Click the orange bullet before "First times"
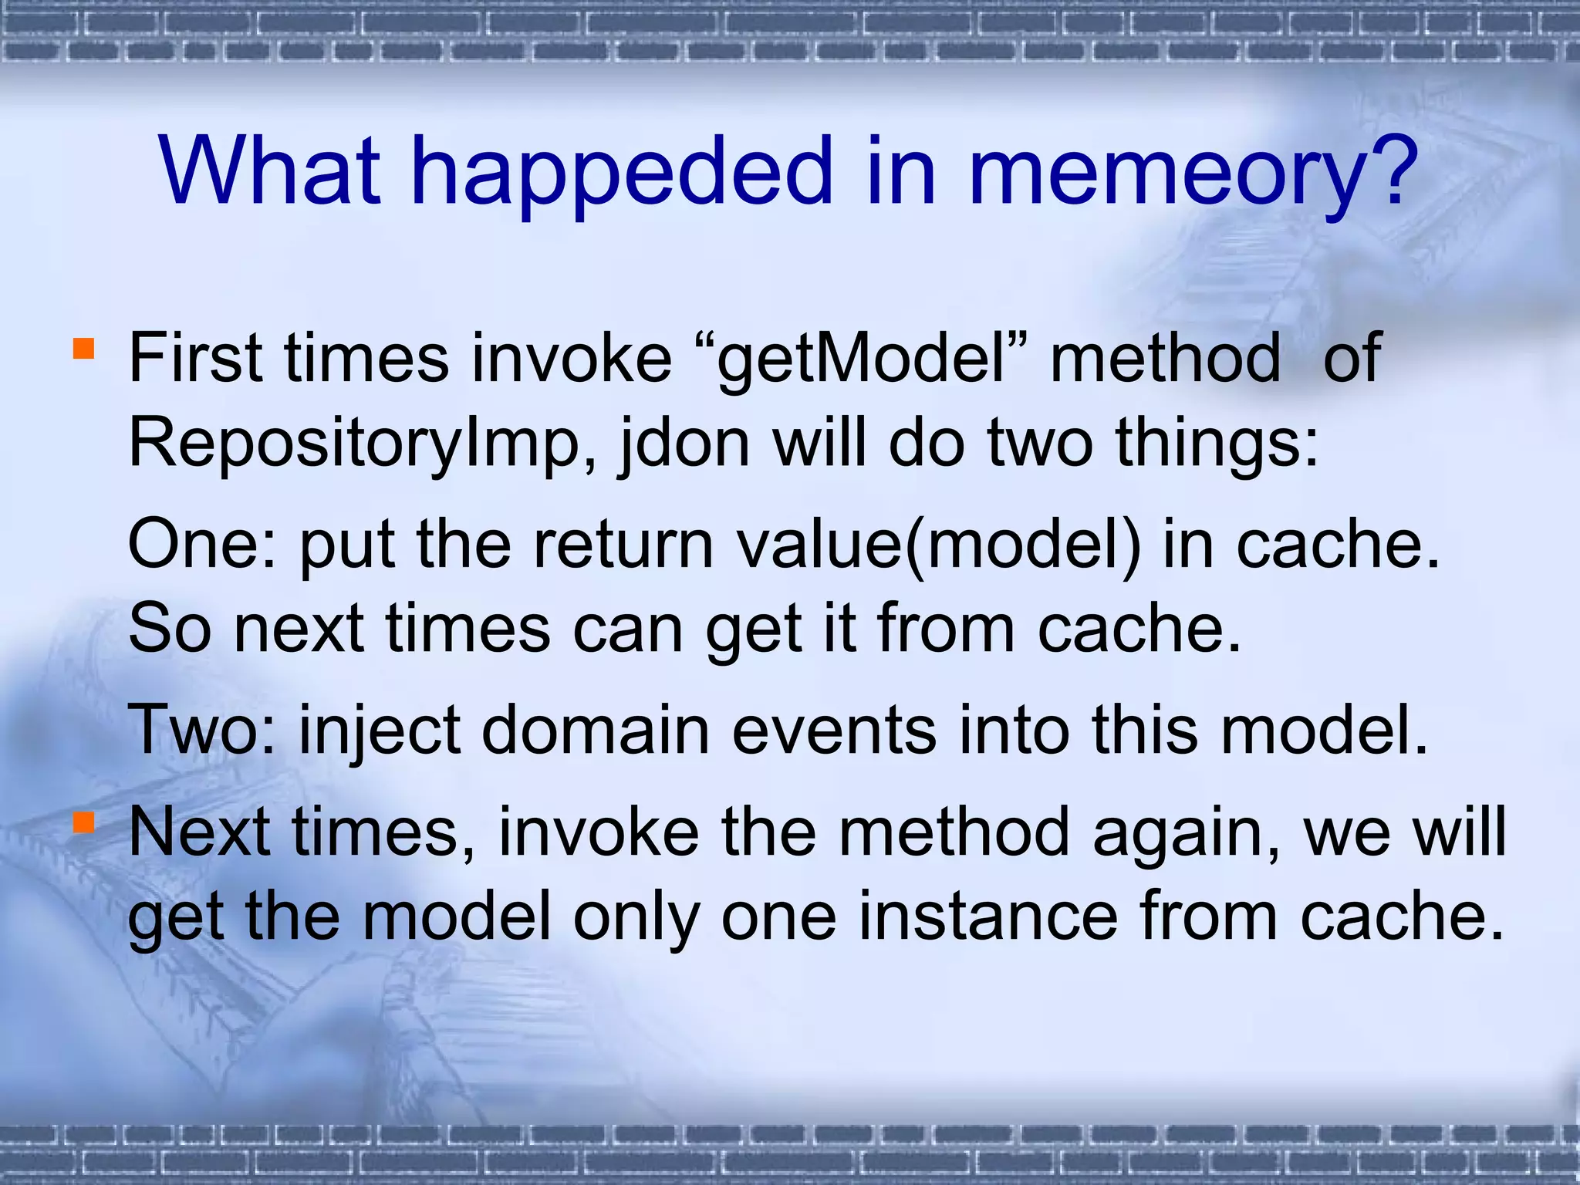83,349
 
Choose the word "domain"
595,730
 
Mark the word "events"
833,730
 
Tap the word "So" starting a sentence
169,629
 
